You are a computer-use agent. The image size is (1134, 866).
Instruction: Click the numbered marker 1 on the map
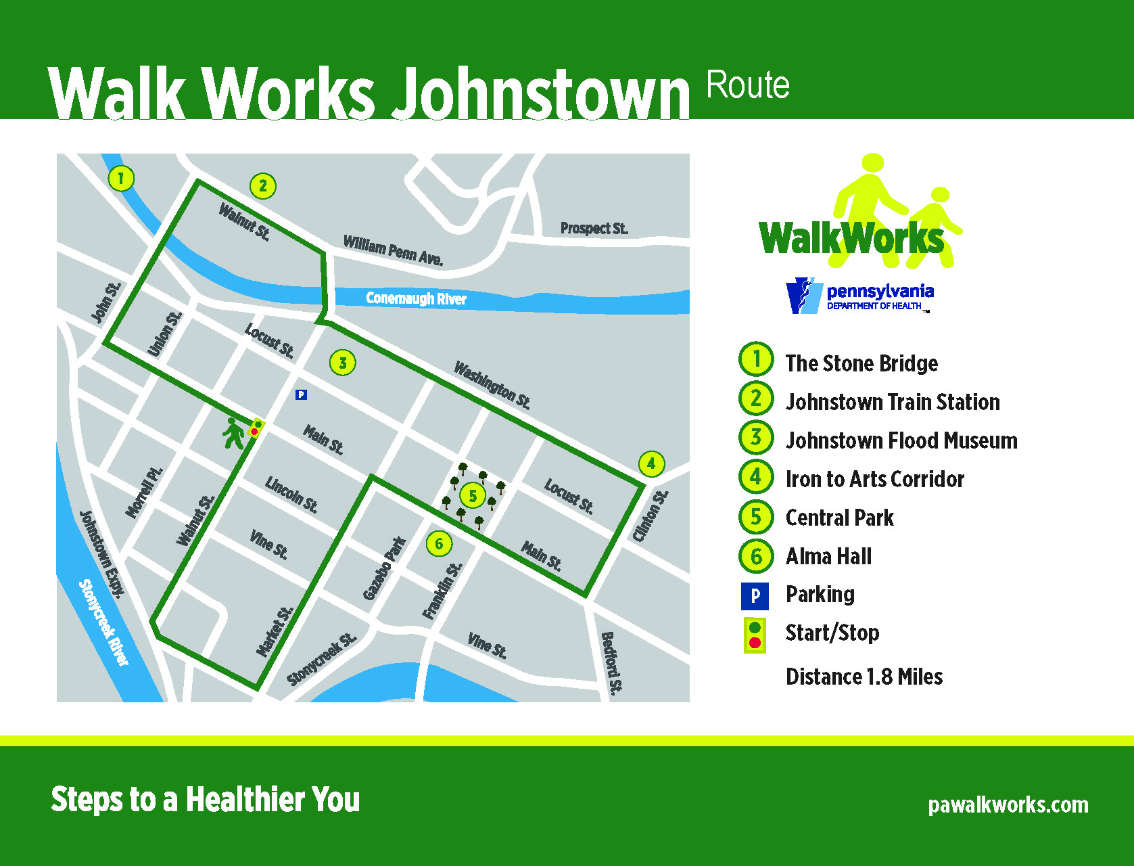pos(121,179)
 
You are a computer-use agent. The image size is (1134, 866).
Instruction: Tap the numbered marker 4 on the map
pos(651,463)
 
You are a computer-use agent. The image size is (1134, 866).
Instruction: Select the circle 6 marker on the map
pos(439,543)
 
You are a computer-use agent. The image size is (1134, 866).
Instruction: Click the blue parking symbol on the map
pos(302,394)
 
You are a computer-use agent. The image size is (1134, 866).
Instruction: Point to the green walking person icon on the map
pos(233,434)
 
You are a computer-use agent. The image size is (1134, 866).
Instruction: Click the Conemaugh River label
pos(416,298)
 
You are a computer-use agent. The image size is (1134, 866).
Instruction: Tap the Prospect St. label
pos(594,229)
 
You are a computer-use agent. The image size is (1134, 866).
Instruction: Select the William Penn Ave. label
pos(393,250)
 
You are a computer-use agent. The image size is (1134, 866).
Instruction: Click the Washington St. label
pos(492,385)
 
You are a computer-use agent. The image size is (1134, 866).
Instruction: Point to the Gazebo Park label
pos(384,568)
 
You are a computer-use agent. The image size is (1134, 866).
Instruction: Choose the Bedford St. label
pos(611,663)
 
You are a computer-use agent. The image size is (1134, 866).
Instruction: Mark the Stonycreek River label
pos(103,622)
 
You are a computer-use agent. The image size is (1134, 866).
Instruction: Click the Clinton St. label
pos(650,516)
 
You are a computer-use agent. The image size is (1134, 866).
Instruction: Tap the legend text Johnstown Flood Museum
pos(901,441)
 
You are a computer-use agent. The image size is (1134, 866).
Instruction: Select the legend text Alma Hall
pos(828,557)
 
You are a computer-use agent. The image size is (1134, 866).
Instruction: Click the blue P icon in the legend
pos(755,596)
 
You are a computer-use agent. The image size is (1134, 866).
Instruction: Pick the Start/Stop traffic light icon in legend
pos(755,635)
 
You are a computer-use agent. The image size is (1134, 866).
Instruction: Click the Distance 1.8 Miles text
pos(864,677)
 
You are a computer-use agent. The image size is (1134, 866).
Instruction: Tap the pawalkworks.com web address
pos(1008,805)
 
